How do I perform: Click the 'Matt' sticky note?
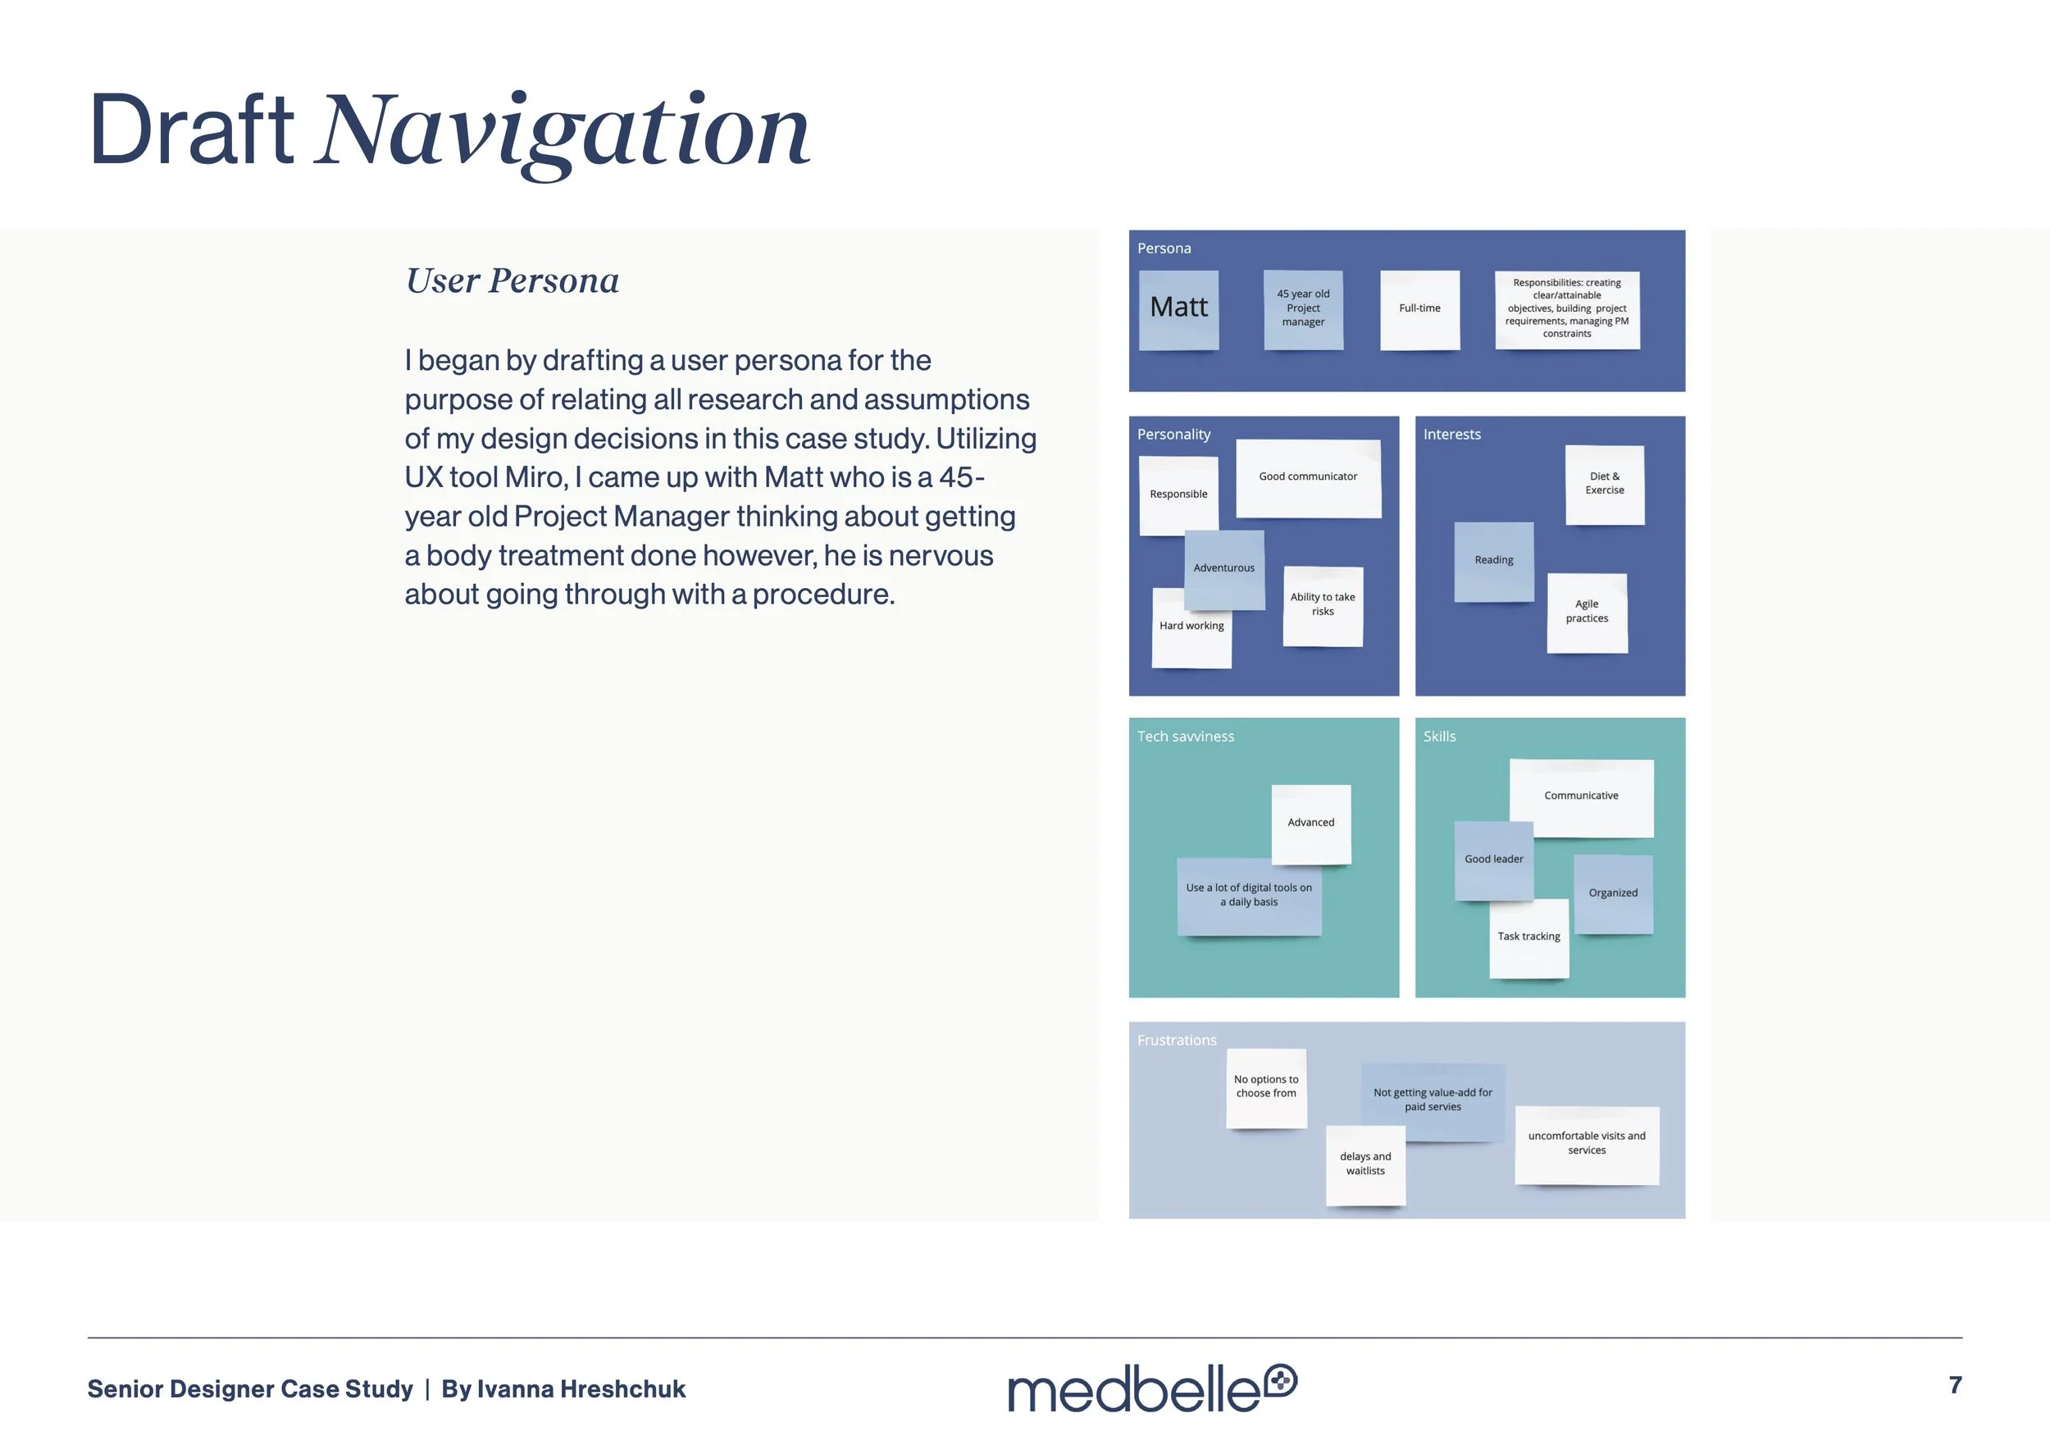click(1178, 309)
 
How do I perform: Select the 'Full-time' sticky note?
click(1419, 309)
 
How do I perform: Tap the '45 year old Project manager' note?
click(1303, 309)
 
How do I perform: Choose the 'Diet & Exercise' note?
click(1605, 484)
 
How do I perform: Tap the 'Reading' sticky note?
click(1494, 561)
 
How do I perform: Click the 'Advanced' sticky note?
click(1310, 823)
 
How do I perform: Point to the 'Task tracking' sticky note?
click(1528, 937)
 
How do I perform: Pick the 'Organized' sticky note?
click(1612, 894)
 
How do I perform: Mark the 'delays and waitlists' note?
click(1365, 1165)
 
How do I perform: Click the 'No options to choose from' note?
click(1266, 1087)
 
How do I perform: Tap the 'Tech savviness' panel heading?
click(1185, 736)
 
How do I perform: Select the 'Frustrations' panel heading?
click(1176, 1040)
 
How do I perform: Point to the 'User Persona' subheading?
click(512, 281)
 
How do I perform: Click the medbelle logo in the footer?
click(1151, 1388)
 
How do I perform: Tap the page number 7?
click(1954, 1385)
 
